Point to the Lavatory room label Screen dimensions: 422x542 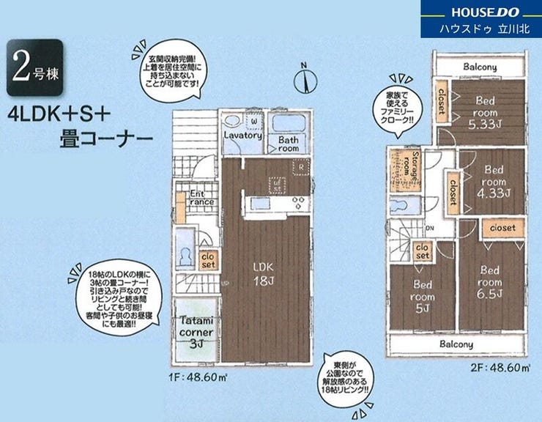242,136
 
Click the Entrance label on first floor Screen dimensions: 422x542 201,198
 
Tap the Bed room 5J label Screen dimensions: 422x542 424,297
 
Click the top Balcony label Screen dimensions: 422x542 479,67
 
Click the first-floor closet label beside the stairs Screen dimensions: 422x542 207,260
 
